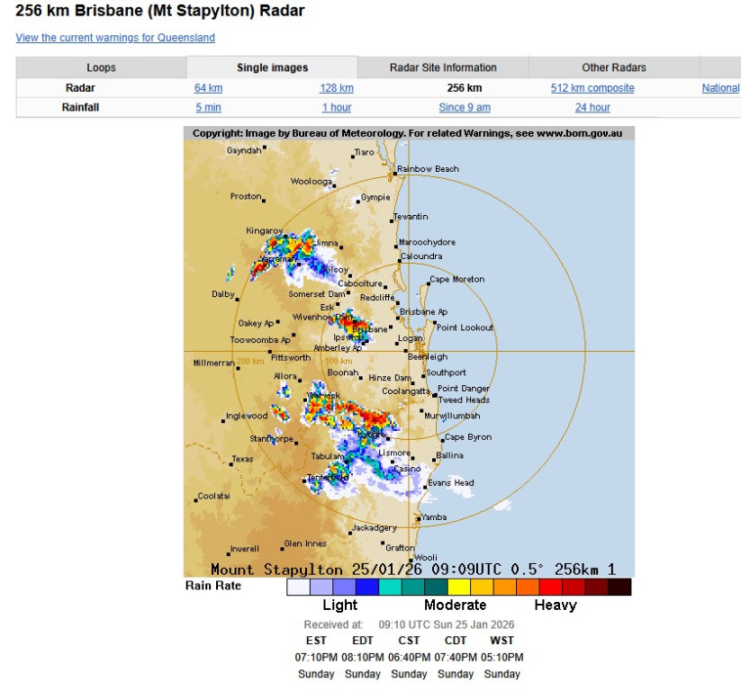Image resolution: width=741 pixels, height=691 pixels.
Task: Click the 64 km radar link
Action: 208,88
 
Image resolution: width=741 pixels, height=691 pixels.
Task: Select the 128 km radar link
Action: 337,88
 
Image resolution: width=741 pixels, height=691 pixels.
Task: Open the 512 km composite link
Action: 592,88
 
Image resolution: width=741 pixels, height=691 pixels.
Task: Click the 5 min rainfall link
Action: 208,108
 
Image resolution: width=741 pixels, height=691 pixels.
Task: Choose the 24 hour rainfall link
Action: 592,108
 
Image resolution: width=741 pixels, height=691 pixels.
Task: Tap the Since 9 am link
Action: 465,108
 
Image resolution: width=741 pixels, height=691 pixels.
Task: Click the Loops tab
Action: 101,67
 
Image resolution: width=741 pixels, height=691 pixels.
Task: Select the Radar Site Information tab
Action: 443,67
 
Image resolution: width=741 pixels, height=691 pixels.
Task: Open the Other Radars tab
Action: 614,67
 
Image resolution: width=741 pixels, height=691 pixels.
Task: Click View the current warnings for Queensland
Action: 115,38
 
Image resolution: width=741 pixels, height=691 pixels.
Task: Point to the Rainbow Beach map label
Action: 429,169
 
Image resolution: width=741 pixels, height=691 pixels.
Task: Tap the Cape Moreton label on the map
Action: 456,280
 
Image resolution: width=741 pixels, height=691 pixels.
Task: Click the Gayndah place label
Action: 243,150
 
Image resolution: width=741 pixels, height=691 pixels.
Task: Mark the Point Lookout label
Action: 465,328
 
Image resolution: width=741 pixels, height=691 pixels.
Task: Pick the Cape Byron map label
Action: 468,437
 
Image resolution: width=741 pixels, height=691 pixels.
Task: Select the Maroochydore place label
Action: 427,243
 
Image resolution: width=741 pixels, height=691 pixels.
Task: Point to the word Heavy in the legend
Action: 556,606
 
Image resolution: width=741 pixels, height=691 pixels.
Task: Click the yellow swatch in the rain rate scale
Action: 457,588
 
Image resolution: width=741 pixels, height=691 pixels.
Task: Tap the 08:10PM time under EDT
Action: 363,657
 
